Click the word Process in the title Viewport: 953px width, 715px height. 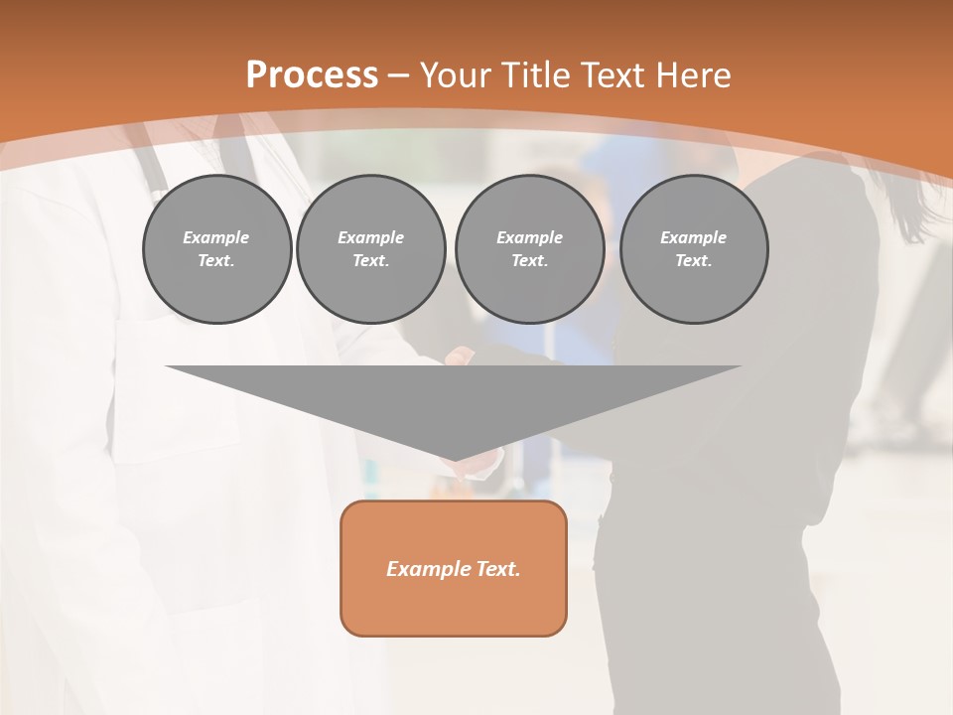point(312,75)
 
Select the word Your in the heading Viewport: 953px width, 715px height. point(457,75)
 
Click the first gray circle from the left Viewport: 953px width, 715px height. point(216,249)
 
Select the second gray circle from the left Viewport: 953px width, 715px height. point(370,249)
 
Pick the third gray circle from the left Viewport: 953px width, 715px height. point(529,249)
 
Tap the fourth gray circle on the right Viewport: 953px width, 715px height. point(693,249)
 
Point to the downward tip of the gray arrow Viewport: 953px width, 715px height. point(454,458)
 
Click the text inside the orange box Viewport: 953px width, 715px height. point(453,569)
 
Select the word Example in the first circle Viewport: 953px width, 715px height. point(216,237)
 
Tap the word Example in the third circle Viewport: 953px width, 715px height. point(529,237)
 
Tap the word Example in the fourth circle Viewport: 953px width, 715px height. point(693,237)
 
